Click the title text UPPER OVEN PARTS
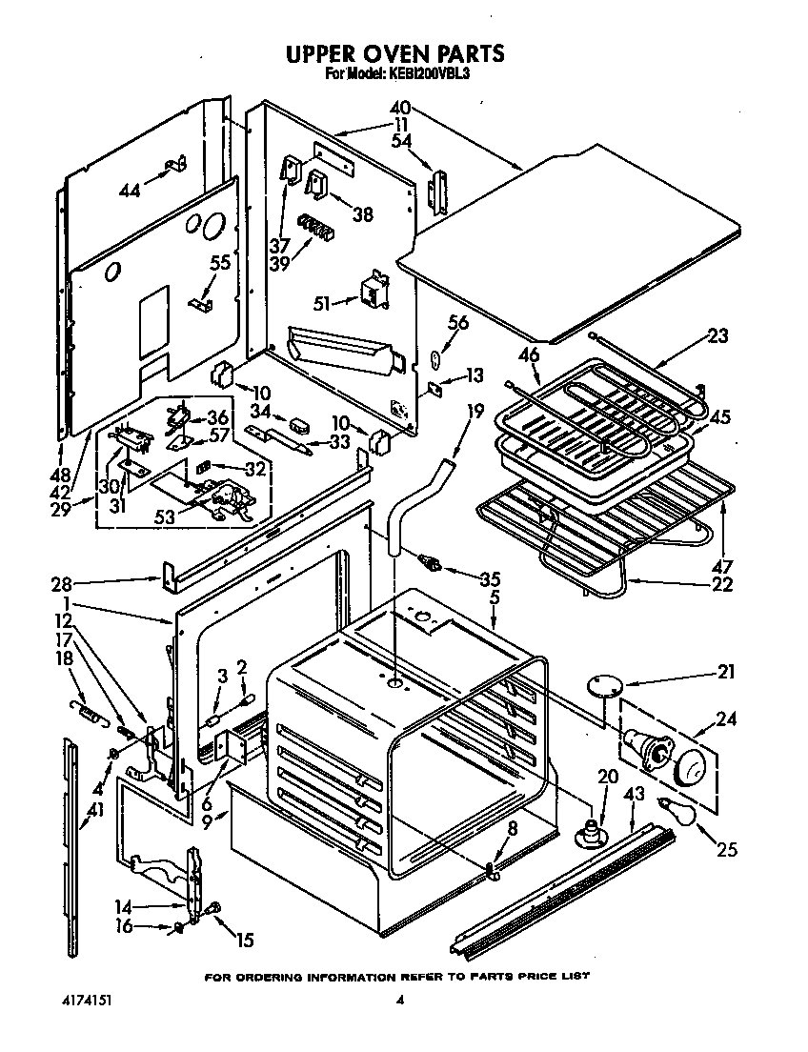pos(395,53)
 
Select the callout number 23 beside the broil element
pos(717,335)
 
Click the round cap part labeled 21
pos(602,682)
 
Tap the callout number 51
pos(322,303)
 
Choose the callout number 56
pos(458,324)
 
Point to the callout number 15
pos(244,941)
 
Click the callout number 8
pos(514,830)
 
